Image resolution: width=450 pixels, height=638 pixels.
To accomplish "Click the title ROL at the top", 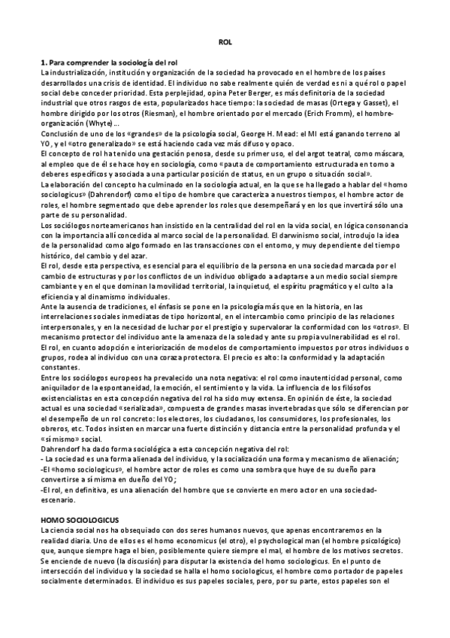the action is click(x=224, y=44).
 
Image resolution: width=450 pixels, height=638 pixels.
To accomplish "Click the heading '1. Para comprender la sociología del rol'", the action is click(x=113, y=61).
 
